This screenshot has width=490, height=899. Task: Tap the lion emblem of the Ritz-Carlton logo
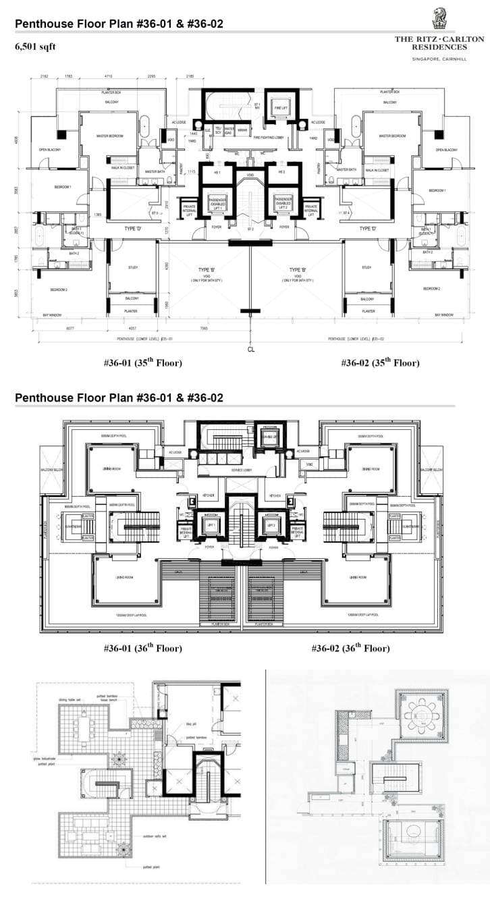click(439, 19)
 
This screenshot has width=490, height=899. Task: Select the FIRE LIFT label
click(280, 109)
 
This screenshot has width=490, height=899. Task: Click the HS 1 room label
click(217, 173)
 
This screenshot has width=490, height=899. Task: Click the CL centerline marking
click(250, 350)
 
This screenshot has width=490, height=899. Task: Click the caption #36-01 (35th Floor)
click(142, 363)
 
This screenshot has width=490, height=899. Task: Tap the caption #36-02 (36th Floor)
click(350, 649)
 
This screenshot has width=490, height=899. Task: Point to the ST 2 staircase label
click(250, 229)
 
